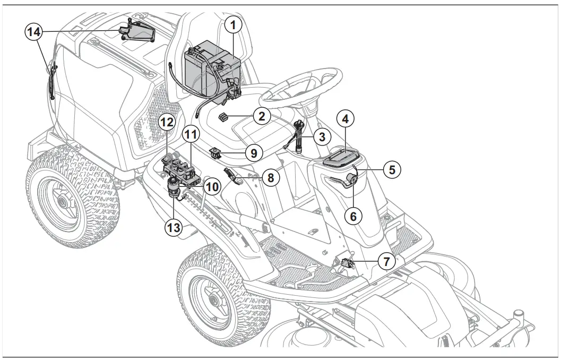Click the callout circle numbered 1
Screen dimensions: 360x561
click(233, 24)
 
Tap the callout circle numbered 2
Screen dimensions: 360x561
click(262, 116)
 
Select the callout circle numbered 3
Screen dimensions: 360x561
click(321, 136)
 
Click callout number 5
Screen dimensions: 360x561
click(392, 170)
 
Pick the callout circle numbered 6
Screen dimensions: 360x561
click(353, 215)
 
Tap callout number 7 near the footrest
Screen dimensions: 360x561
click(386, 261)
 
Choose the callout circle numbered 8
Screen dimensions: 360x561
click(270, 178)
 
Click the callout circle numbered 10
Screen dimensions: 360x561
click(212, 187)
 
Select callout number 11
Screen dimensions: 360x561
click(190, 135)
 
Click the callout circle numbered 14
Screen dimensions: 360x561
click(34, 32)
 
